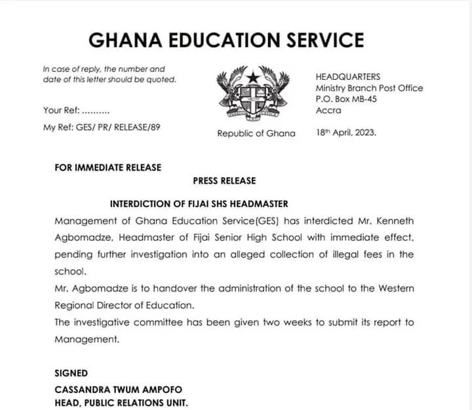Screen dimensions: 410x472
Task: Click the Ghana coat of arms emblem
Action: pyautogui.click(x=253, y=96)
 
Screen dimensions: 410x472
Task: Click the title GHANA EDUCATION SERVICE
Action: pyautogui.click(x=226, y=40)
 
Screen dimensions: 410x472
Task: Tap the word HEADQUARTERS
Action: pyautogui.click(x=347, y=77)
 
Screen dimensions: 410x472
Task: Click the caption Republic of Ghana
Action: pyautogui.click(x=256, y=133)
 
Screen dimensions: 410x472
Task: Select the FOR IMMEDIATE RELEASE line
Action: pyautogui.click(x=108, y=167)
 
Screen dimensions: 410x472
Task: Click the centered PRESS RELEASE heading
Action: pyautogui.click(x=224, y=180)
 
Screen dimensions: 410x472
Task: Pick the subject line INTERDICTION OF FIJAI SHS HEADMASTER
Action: pyautogui.click(x=199, y=204)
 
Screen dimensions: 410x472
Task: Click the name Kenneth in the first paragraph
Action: pyautogui.click(x=391, y=221)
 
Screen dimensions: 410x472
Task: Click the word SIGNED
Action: pyautogui.click(x=71, y=373)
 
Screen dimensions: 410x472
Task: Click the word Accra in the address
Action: pyautogui.click(x=328, y=111)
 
